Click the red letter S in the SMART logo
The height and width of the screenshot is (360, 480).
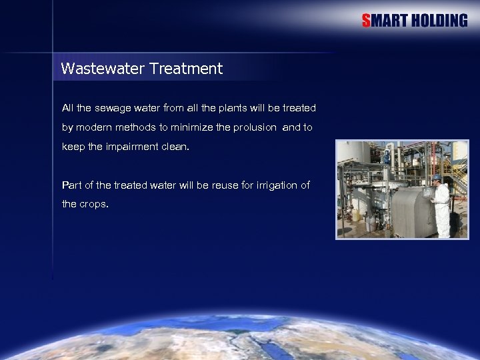coord(366,21)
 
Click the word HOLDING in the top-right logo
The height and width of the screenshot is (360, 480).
coord(439,21)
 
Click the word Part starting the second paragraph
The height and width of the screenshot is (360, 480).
coord(71,185)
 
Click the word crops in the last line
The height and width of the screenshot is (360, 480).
coord(93,204)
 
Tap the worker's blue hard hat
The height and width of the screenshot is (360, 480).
coord(437,178)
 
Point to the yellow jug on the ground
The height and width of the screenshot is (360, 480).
coord(355,215)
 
